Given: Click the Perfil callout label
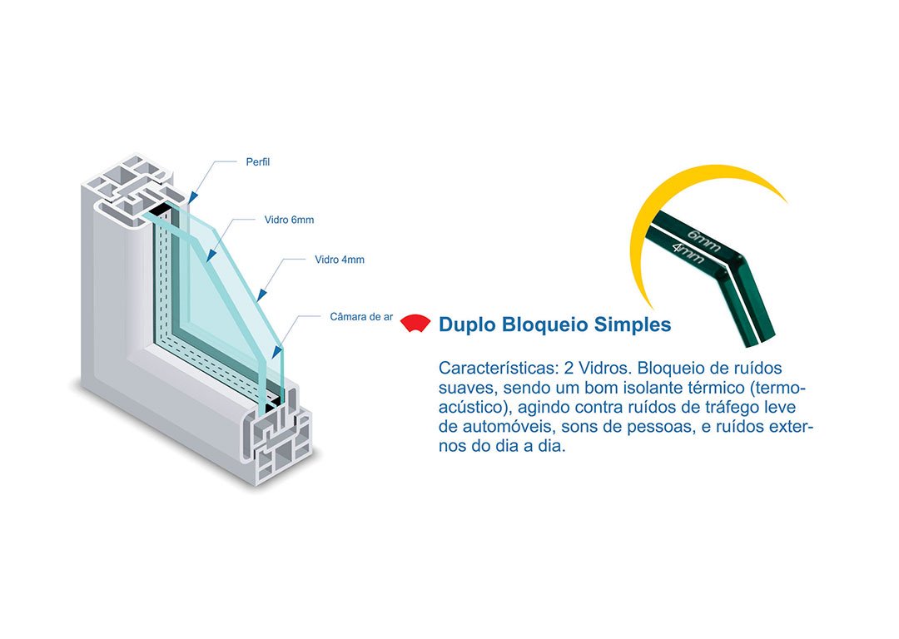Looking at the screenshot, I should click(258, 162).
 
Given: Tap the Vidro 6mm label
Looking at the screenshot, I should click(289, 220).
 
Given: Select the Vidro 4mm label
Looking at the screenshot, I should click(340, 260).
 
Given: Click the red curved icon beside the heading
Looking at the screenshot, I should click(415, 324).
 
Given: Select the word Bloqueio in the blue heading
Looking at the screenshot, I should click(545, 324).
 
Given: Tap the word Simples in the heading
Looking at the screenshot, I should click(632, 324).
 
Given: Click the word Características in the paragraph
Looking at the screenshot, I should click(493, 368).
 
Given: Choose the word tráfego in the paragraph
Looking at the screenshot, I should click(728, 408).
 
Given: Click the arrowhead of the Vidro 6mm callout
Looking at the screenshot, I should click(209, 259).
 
